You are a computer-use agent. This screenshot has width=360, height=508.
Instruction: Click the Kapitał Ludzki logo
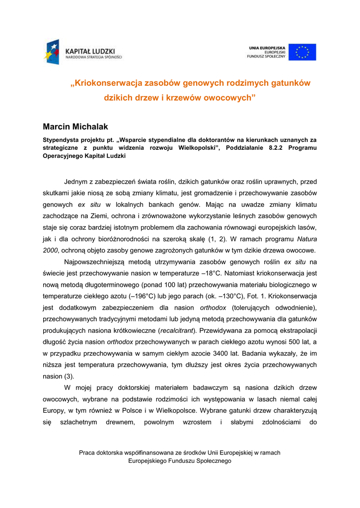(x=83, y=52)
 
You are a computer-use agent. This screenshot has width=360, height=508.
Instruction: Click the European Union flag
(x=302, y=52)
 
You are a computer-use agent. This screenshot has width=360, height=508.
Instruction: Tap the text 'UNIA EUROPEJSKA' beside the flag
(x=267, y=48)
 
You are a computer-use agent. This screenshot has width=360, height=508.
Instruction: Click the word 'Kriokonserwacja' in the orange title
(x=107, y=83)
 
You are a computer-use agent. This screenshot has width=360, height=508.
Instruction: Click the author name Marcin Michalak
(x=75, y=127)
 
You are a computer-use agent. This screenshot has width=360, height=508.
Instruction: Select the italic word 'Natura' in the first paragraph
(x=305, y=239)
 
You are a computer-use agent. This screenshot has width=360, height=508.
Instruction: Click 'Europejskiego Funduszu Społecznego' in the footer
(x=180, y=461)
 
